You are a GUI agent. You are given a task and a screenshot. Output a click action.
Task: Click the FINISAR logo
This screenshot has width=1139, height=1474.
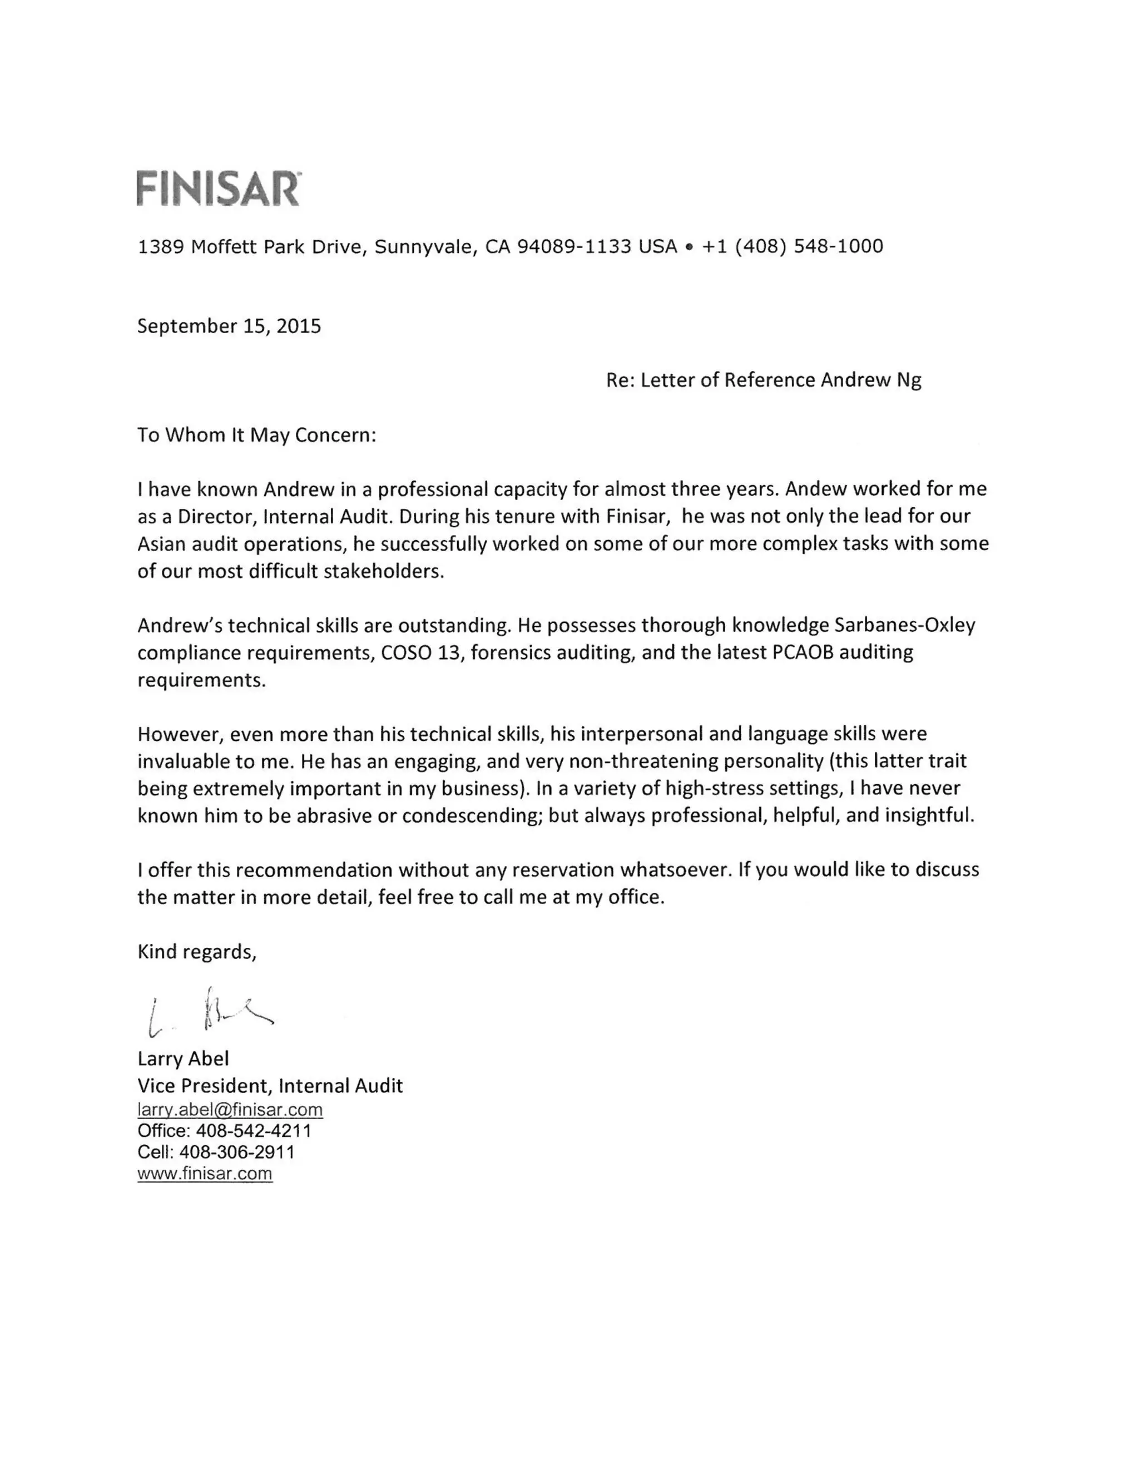218,189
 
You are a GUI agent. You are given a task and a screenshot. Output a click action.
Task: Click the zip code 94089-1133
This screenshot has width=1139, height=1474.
573,246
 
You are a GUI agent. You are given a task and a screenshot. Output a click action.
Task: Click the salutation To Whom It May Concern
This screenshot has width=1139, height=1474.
256,434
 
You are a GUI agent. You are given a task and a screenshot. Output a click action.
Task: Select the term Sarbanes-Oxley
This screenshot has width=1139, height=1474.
904,625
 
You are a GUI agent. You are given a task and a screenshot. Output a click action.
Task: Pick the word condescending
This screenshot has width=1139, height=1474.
472,816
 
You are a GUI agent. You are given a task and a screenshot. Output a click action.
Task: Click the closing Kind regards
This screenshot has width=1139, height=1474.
196,952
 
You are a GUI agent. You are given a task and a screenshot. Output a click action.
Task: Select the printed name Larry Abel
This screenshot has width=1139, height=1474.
183,1058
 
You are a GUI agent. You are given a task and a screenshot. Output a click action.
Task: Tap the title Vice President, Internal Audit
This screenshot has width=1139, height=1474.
270,1085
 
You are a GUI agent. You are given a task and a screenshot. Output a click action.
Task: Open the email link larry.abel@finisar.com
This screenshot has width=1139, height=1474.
230,1110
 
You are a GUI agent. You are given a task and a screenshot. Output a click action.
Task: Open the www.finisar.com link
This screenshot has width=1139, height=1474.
205,1174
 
